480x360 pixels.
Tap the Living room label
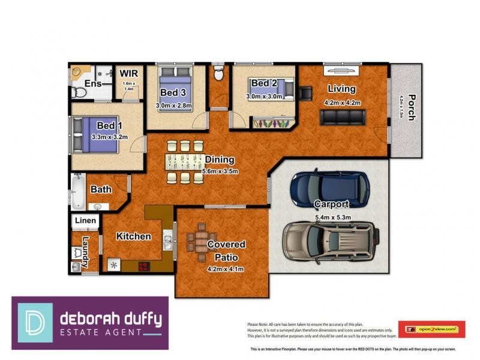[341, 89]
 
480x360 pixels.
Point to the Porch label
[411, 107]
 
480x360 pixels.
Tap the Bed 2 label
[263, 83]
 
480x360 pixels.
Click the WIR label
[129, 74]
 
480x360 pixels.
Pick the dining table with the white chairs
[185, 161]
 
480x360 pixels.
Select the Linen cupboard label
[85, 221]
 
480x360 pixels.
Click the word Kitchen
[133, 236]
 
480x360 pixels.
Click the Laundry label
[86, 251]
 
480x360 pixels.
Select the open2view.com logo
[432, 329]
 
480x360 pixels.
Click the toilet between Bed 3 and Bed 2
[218, 74]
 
